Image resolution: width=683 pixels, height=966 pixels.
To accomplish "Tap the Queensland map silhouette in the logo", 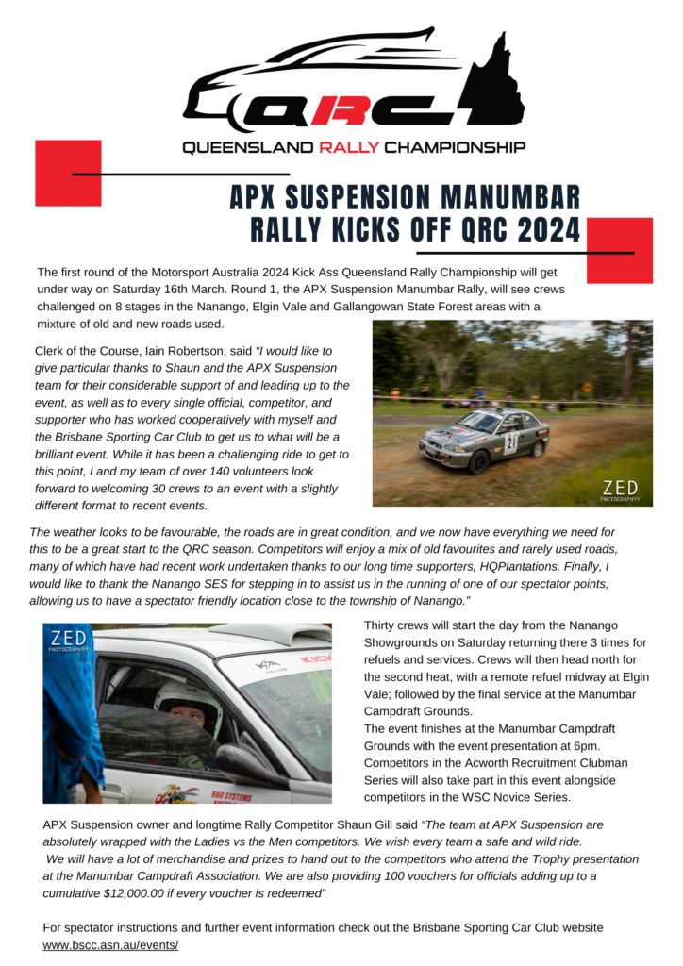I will tap(496, 80).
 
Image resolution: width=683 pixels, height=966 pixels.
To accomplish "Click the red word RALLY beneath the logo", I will tap(349, 148).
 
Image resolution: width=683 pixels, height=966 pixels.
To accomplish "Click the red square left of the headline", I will tap(68, 173).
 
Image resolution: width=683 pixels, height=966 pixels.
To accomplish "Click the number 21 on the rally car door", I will tap(510, 440).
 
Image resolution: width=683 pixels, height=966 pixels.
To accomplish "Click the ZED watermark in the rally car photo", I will tap(621, 488).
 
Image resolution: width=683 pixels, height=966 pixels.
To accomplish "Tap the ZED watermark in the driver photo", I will tap(69, 640).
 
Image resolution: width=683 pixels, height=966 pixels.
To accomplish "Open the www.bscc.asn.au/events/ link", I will tap(110, 944).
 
